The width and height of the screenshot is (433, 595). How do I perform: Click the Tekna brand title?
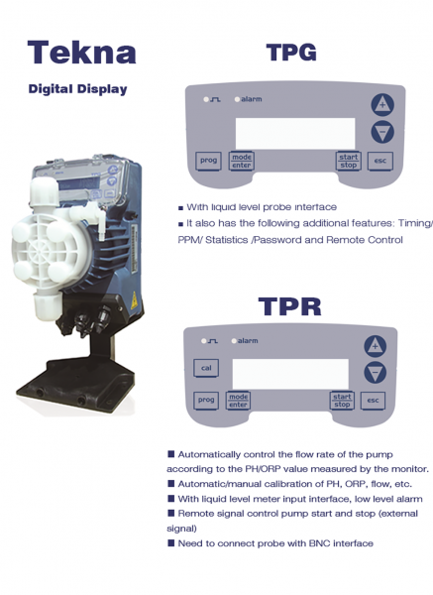(81, 53)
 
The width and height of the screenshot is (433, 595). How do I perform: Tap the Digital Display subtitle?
(77, 89)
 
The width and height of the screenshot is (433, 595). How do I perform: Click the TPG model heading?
(291, 53)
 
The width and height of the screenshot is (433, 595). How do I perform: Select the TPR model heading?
(289, 306)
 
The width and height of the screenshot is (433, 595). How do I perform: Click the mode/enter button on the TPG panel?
(242, 161)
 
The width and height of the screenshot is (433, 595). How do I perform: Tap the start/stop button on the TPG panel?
(349, 161)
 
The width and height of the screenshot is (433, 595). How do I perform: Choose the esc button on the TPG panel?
(380, 161)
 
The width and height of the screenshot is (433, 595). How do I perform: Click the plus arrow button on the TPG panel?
(382, 105)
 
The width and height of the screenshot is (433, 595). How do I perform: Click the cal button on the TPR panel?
(206, 368)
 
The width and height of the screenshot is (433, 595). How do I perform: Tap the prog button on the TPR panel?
(206, 400)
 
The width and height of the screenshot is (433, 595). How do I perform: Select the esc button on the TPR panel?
(373, 401)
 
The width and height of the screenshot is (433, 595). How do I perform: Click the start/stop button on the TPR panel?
(342, 401)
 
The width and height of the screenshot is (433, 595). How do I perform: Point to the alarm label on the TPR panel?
(248, 341)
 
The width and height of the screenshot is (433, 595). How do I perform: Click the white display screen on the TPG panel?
(295, 133)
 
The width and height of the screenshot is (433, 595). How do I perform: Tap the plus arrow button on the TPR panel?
(375, 346)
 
